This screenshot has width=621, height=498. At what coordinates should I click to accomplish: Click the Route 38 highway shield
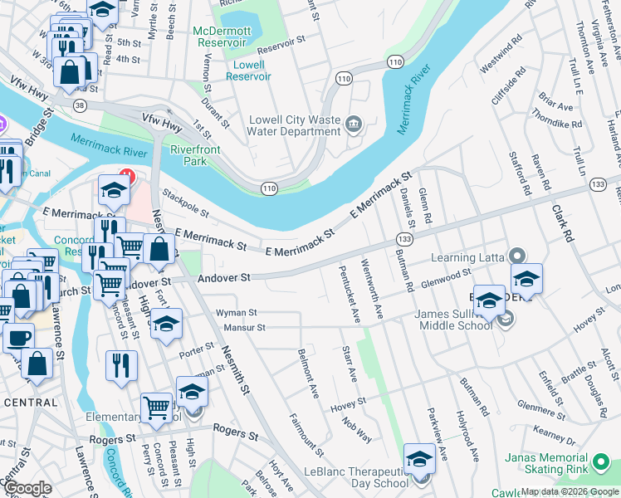pos(80,105)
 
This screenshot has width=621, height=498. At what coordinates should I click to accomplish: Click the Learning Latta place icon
pos(517,256)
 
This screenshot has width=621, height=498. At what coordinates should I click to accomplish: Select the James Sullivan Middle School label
pos(453,319)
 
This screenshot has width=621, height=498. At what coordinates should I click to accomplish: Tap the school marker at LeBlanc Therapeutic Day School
pos(420,459)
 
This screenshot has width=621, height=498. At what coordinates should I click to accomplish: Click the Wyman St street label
pos(236,313)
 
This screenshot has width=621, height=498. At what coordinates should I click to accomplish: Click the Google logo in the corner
pos(27,488)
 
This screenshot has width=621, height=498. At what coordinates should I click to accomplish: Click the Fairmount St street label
pos(306,435)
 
